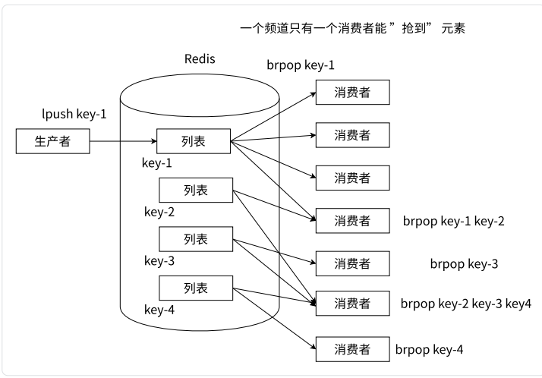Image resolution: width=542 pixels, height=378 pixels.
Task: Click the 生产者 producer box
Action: (x=52, y=140)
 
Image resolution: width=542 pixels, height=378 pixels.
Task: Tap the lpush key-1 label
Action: (x=74, y=115)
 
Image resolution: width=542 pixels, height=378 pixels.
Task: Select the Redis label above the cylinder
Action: (x=200, y=59)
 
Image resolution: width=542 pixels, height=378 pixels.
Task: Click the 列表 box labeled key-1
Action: (x=193, y=140)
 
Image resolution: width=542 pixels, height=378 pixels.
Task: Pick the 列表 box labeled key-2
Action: (x=195, y=190)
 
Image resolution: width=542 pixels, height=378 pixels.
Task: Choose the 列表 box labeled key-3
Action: (x=195, y=239)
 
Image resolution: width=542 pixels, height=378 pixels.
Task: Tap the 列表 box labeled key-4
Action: (x=195, y=288)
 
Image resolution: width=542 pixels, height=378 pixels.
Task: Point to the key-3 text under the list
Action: (x=159, y=261)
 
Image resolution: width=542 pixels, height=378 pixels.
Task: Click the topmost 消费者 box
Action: (x=352, y=92)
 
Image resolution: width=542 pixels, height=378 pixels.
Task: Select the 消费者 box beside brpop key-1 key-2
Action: (x=352, y=221)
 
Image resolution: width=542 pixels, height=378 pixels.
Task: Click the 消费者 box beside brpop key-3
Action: (x=352, y=263)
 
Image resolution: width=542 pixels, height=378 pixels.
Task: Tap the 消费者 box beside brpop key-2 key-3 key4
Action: (x=352, y=304)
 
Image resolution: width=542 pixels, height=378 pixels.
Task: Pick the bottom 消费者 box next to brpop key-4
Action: (x=352, y=349)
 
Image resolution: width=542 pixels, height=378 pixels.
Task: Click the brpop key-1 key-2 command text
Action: (x=453, y=222)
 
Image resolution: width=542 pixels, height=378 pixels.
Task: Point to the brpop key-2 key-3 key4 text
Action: (x=465, y=304)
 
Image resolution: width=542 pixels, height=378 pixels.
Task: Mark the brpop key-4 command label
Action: (x=429, y=350)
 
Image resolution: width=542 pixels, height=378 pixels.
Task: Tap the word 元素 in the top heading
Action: (x=450, y=28)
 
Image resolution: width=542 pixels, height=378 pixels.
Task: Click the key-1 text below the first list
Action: (x=157, y=162)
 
